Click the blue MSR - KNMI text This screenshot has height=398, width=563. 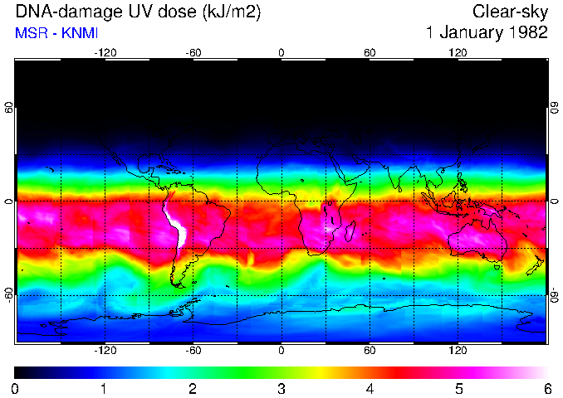51,33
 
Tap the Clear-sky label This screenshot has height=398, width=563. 510,12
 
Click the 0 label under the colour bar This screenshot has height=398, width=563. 16,388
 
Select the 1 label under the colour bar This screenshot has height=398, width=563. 104,388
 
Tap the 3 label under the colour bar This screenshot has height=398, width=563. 281,388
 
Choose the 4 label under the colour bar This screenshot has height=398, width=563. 370,388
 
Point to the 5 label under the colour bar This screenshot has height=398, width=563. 458,388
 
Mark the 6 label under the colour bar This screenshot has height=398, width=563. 546,388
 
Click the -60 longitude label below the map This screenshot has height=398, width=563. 193,350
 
